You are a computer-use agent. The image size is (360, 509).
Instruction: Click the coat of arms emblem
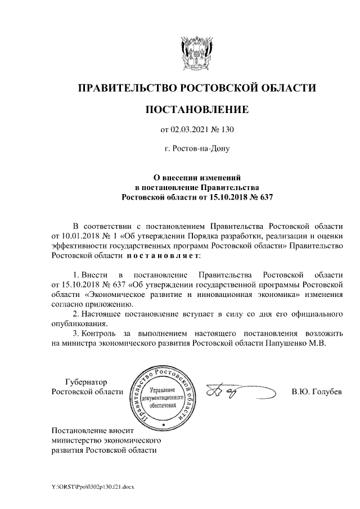point(195,53)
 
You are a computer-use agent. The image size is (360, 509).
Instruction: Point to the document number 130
point(226,130)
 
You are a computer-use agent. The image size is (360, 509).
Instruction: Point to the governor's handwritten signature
point(236,390)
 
